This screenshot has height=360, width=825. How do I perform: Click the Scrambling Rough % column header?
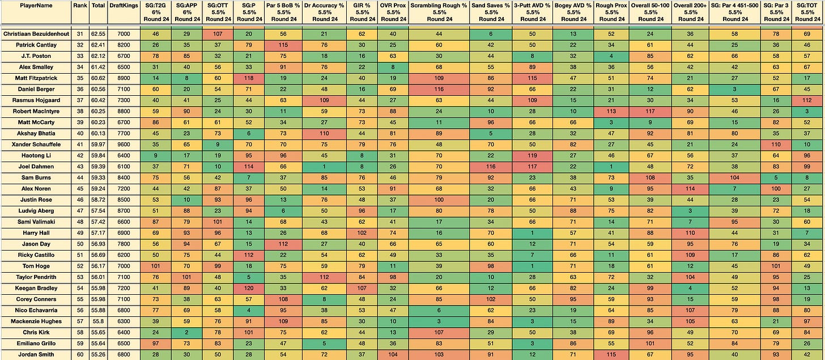click(439, 12)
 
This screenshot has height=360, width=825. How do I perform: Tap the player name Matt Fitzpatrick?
click(36, 78)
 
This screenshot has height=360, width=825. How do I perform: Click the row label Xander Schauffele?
click(36, 145)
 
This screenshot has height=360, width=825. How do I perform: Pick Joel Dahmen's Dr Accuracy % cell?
click(324, 167)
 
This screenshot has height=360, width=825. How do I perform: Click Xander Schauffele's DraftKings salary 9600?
click(124, 145)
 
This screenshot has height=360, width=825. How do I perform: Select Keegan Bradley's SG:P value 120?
click(249, 288)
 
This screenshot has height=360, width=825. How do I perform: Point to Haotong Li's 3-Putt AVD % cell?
click(532, 155)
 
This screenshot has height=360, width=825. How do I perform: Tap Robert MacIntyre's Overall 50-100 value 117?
click(650, 111)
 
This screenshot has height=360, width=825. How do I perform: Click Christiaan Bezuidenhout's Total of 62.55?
click(99, 34)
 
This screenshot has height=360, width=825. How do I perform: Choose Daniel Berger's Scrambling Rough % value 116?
click(439, 89)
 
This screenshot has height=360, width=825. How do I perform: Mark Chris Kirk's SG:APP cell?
click(187, 332)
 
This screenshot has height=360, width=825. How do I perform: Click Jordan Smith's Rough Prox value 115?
click(611, 354)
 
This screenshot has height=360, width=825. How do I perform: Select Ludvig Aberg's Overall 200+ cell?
click(690, 211)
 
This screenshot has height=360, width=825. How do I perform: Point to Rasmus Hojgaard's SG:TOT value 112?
click(807, 100)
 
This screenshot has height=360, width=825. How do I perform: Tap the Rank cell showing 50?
click(80, 244)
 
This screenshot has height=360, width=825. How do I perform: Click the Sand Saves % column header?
click(491, 12)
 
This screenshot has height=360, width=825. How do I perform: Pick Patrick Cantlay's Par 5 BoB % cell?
click(283, 45)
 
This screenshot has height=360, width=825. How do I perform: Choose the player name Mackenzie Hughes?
click(36, 321)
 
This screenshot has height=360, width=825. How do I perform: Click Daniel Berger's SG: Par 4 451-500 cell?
click(735, 89)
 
